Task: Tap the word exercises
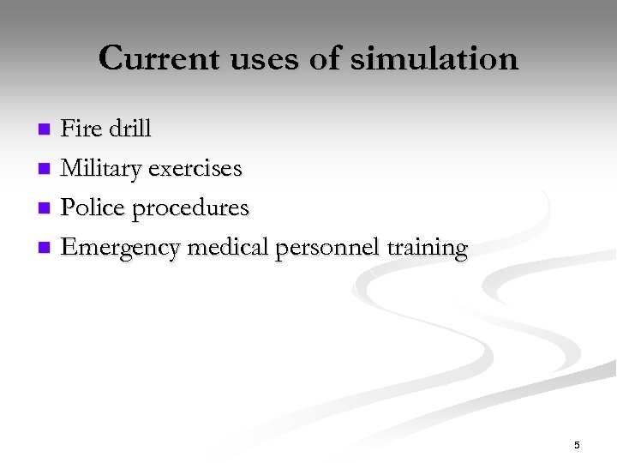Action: point(195,169)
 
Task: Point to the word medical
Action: point(228,248)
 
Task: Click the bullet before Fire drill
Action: point(45,130)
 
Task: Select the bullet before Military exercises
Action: point(45,170)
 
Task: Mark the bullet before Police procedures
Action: point(45,209)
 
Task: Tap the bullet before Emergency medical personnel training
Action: point(45,249)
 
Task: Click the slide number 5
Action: point(577,445)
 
